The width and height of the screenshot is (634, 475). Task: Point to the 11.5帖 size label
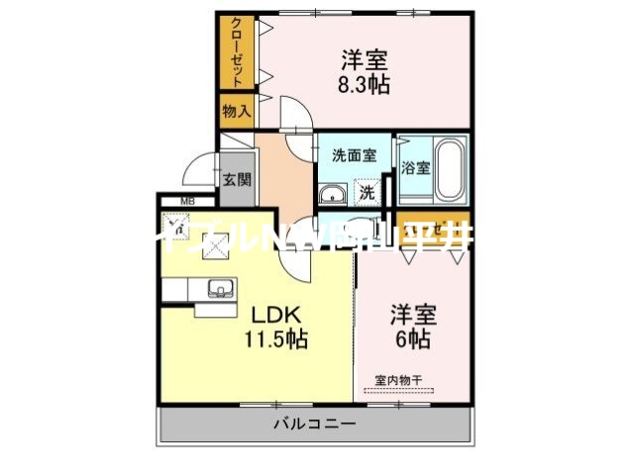pos(276,339)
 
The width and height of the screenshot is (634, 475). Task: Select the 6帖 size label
pos(413,338)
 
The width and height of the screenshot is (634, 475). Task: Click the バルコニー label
pos(315,424)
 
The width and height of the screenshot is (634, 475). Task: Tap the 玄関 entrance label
pos(236,180)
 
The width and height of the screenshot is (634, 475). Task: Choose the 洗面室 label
pos(354,155)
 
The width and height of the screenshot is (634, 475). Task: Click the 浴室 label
pos(415,167)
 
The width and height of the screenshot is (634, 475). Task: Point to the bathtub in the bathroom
pos(451,168)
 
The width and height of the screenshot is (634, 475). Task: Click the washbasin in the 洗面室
pos(333,192)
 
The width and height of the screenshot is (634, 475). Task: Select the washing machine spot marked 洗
pos(368,191)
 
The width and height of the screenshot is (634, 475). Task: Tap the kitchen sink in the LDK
pos(220,289)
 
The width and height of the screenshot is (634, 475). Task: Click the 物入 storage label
pos(236,112)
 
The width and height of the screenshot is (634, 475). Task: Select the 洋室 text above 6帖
pos(413,316)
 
